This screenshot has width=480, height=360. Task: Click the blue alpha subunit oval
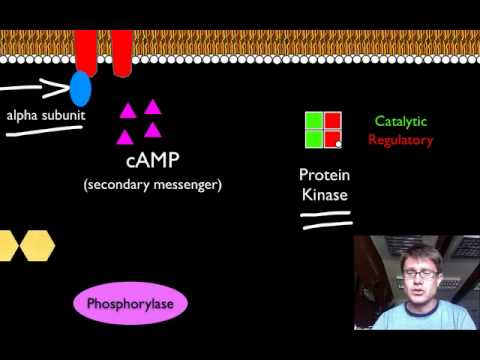pyautogui.click(x=79, y=88)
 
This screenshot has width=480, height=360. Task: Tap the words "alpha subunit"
pyautogui.click(x=44, y=115)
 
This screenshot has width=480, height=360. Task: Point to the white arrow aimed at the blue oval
pyautogui.click(x=35, y=87)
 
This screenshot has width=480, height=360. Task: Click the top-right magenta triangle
pyautogui.click(x=152, y=106)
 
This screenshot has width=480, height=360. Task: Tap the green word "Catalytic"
pyautogui.click(x=400, y=121)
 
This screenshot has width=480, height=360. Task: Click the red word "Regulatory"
pyautogui.click(x=400, y=140)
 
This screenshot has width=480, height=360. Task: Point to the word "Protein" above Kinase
pyautogui.click(x=324, y=175)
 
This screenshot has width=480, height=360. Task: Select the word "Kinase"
pyautogui.click(x=324, y=195)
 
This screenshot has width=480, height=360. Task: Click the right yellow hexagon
pyautogui.click(x=37, y=244)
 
